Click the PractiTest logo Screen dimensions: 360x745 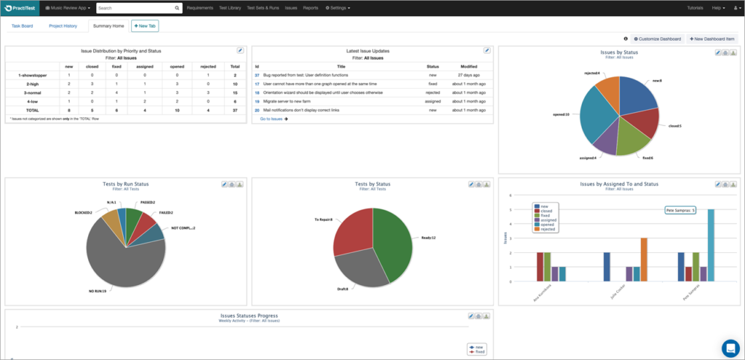[20, 8]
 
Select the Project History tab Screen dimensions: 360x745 [63, 25]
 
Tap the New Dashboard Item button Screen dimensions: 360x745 [713, 39]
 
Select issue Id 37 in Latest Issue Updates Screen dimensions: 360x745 [257, 75]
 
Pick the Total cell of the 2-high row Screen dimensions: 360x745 [235, 84]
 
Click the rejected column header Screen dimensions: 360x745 [207, 65]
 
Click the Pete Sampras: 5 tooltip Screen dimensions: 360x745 [680, 210]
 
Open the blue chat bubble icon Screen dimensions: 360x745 [730, 347]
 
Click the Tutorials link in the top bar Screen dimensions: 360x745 [695, 8]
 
